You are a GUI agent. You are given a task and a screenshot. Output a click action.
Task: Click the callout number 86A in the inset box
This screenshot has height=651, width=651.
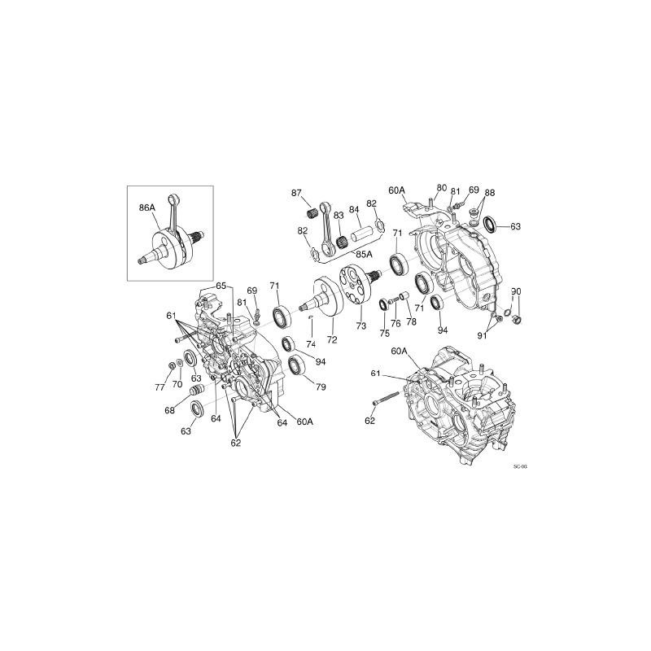click(146, 208)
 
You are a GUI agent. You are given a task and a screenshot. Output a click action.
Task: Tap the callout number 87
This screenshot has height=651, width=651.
click(297, 192)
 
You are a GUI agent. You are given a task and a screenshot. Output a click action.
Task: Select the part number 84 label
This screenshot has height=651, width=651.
click(354, 209)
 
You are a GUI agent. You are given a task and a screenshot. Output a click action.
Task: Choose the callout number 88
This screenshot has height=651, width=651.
click(489, 193)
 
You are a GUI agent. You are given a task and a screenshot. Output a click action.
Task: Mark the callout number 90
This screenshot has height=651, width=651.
click(515, 291)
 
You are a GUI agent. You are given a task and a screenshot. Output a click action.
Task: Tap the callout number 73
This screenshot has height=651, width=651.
click(361, 325)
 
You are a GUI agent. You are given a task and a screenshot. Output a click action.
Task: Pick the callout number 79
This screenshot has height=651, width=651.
click(320, 387)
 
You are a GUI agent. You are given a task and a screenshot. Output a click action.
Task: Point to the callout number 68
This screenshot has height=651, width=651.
click(169, 411)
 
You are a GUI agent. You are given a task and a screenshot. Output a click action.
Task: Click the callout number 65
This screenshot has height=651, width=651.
click(221, 285)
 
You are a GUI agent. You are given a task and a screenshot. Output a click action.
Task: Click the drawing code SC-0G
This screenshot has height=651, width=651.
click(521, 467)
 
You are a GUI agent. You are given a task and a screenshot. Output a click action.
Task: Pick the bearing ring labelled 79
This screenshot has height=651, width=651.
click(296, 366)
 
